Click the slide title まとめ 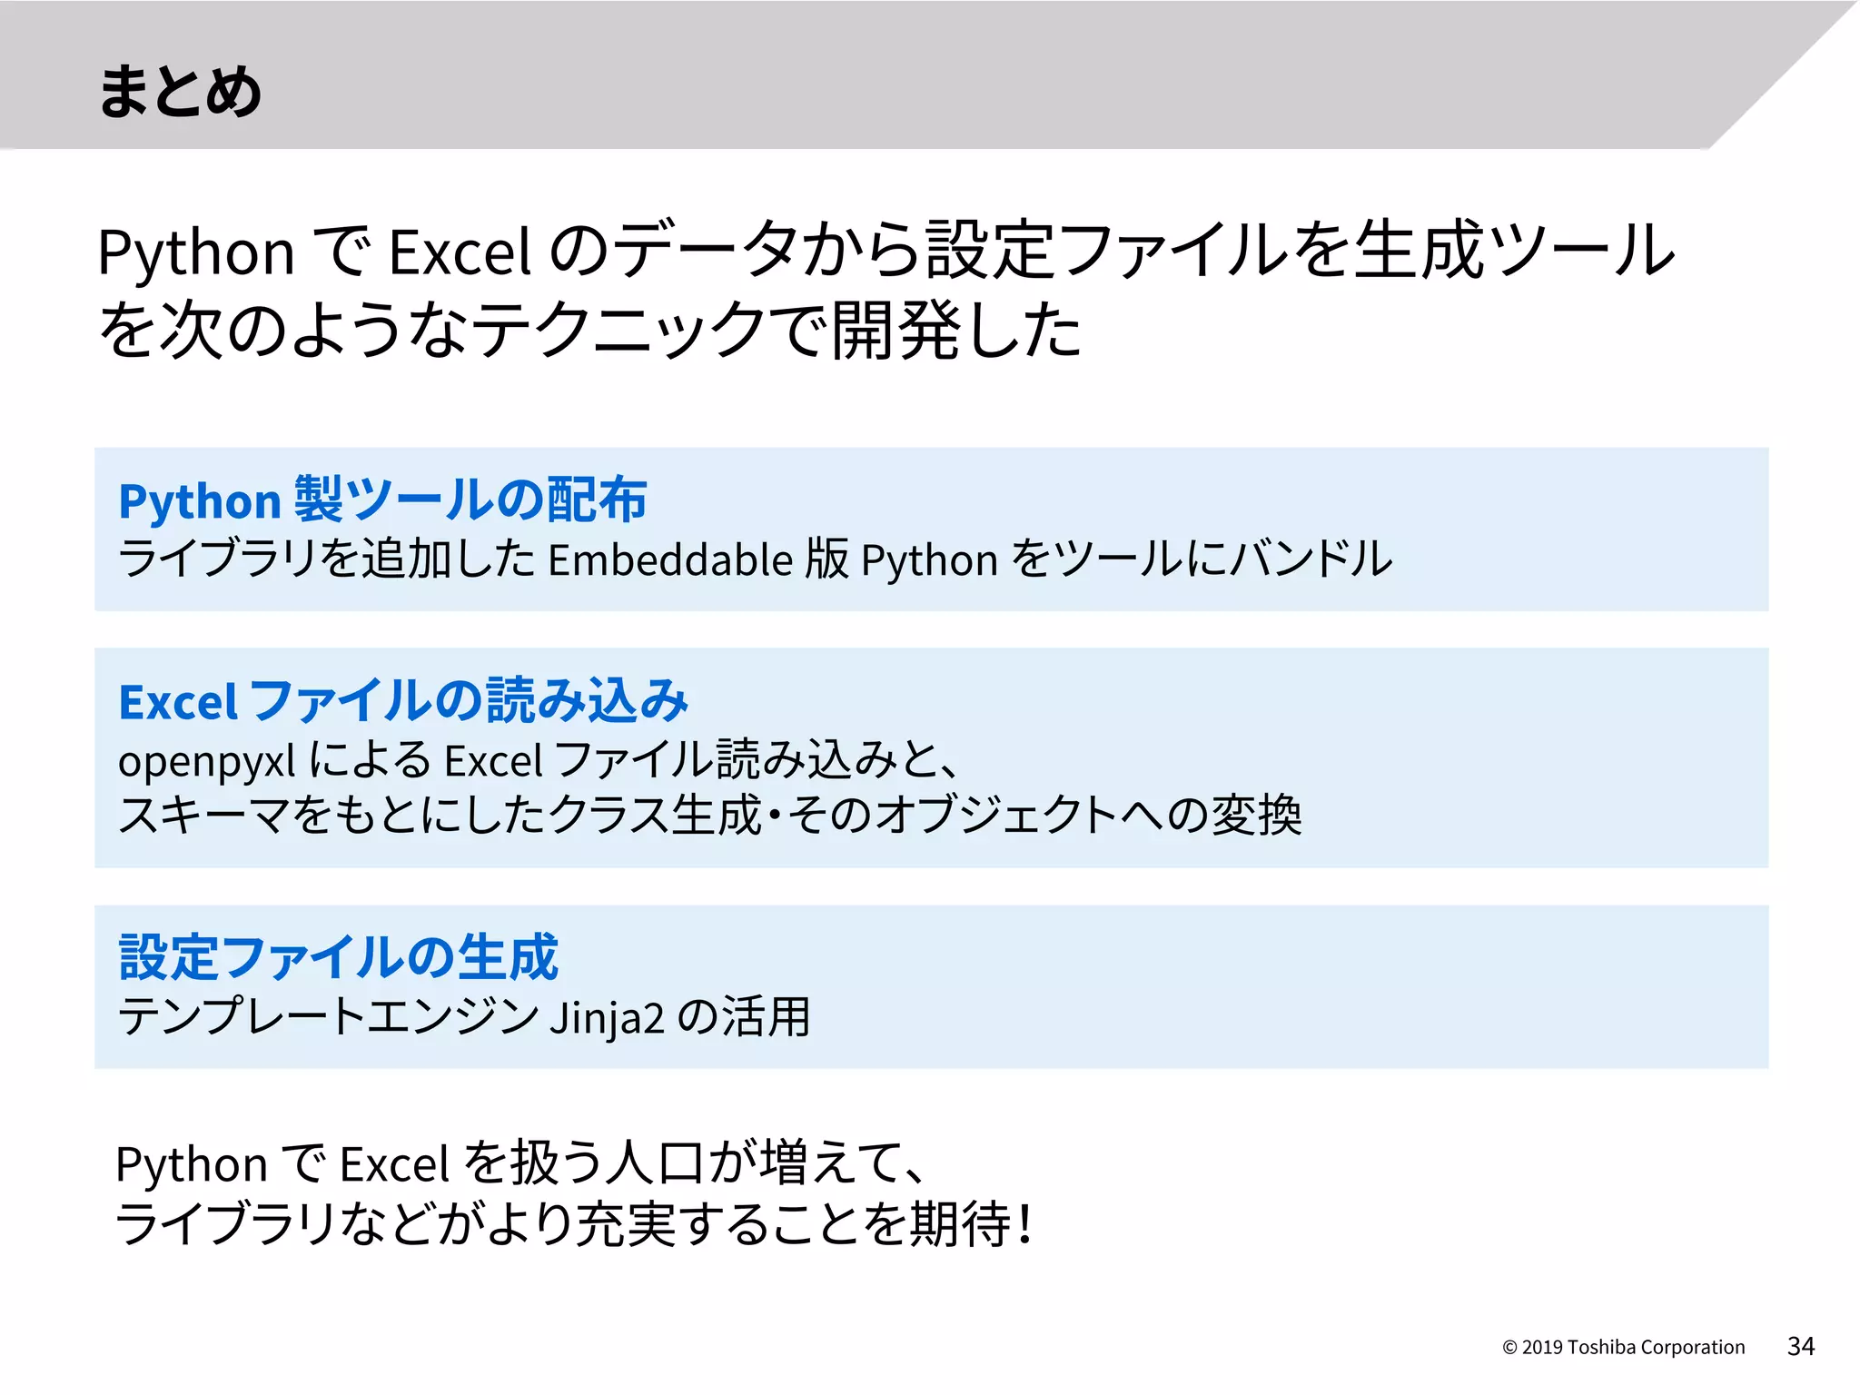point(179,91)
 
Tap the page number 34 point(1800,1346)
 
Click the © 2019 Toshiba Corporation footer point(1623,1347)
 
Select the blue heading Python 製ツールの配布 point(382,500)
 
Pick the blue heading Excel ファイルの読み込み point(403,701)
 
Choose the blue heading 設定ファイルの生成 point(338,957)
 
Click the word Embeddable point(671,559)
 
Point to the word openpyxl point(206,761)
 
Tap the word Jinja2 point(607,1017)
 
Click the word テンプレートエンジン point(329,1017)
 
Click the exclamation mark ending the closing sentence point(1025,1224)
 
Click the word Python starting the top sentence point(195,252)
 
